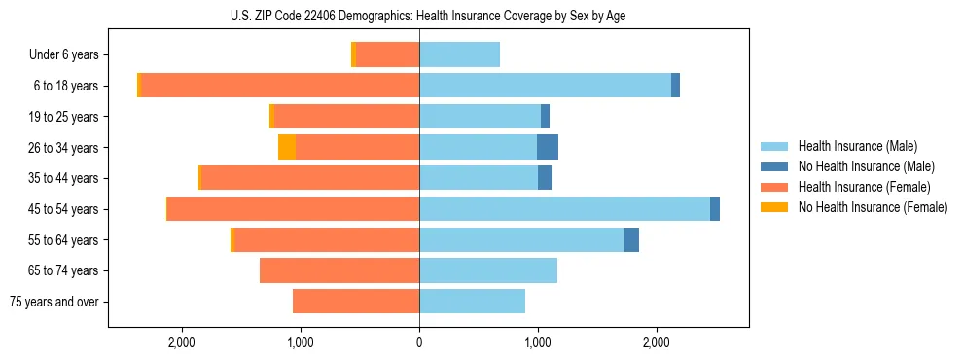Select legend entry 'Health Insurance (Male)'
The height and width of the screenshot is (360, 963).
click(857, 146)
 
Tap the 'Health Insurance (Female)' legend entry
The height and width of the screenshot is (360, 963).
click(864, 187)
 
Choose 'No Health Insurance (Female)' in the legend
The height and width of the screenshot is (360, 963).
click(873, 207)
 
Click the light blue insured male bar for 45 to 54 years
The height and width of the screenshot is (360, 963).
click(564, 209)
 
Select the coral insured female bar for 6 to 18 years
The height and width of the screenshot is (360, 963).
click(280, 86)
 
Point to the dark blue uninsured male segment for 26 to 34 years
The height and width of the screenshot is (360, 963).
click(548, 148)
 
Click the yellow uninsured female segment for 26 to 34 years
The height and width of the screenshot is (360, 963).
click(287, 148)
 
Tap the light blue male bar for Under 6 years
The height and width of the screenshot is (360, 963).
click(459, 55)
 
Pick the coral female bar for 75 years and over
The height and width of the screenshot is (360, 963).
click(356, 302)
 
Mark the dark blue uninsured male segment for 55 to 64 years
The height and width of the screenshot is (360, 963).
click(631, 240)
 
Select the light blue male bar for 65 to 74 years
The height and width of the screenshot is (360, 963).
click(488, 270)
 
